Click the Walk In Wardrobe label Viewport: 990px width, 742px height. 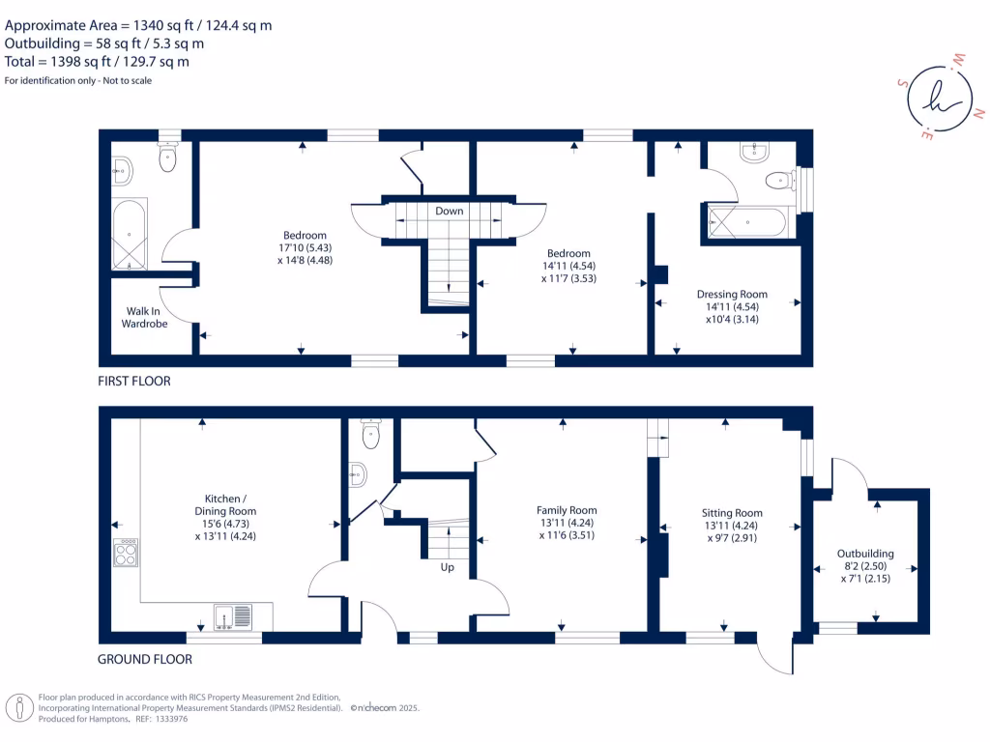144,318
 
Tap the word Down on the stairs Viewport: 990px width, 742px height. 449,211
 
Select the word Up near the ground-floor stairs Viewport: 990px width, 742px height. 447,567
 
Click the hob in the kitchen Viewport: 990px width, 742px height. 127,552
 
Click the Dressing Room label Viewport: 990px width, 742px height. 732,295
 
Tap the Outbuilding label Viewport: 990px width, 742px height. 865,554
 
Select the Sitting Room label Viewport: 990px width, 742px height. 732,513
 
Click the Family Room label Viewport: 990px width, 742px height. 567,510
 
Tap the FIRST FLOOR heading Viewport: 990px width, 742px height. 134,382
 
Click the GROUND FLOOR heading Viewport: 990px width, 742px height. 145,660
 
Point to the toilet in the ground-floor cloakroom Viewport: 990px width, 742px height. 371,434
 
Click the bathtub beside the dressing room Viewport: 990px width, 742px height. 749,222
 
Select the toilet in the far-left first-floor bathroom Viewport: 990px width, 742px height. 169,159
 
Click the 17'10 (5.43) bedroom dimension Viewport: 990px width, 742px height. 305,247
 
